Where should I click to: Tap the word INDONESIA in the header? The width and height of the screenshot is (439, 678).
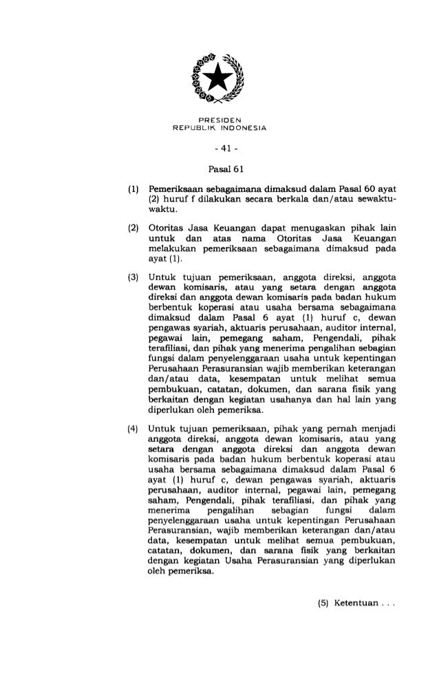coord(245,129)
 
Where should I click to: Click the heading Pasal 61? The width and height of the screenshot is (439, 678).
coord(219,167)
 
